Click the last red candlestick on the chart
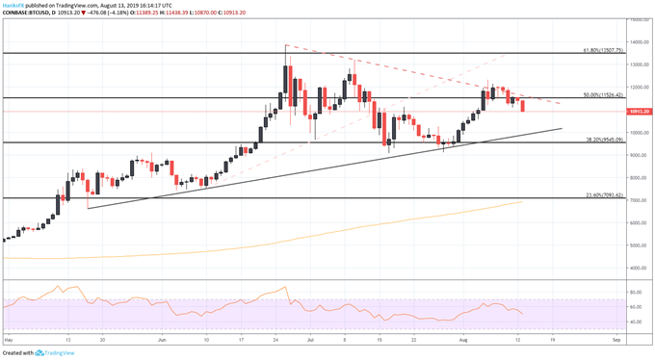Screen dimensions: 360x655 click(523, 105)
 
